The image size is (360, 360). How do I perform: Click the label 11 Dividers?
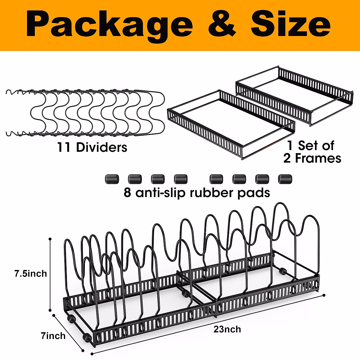coord(92,147)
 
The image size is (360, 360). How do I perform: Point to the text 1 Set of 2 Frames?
coord(312,152)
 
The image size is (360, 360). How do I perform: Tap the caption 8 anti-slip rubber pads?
coord(197,193)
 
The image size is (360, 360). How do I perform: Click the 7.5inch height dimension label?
coord(31,274)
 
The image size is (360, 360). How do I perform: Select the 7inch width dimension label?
coord(53,336)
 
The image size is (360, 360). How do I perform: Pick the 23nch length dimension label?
coord(227,329)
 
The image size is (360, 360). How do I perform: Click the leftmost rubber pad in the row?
coord(112,179)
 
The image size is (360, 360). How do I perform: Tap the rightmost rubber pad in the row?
coord(285,179)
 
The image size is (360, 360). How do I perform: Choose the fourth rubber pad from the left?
coord(181,179)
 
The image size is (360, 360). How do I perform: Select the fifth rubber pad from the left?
coord(216,179)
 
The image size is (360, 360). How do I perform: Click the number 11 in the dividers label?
coord(64,147)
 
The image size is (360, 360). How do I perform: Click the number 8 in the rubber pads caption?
coord(127,193)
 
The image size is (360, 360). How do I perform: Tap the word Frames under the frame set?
coord(318,158)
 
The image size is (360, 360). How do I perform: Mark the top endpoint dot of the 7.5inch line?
coord(50,239)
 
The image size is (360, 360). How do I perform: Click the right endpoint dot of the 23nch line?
coord(324,295)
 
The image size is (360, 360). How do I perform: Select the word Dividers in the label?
coord(102,147)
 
